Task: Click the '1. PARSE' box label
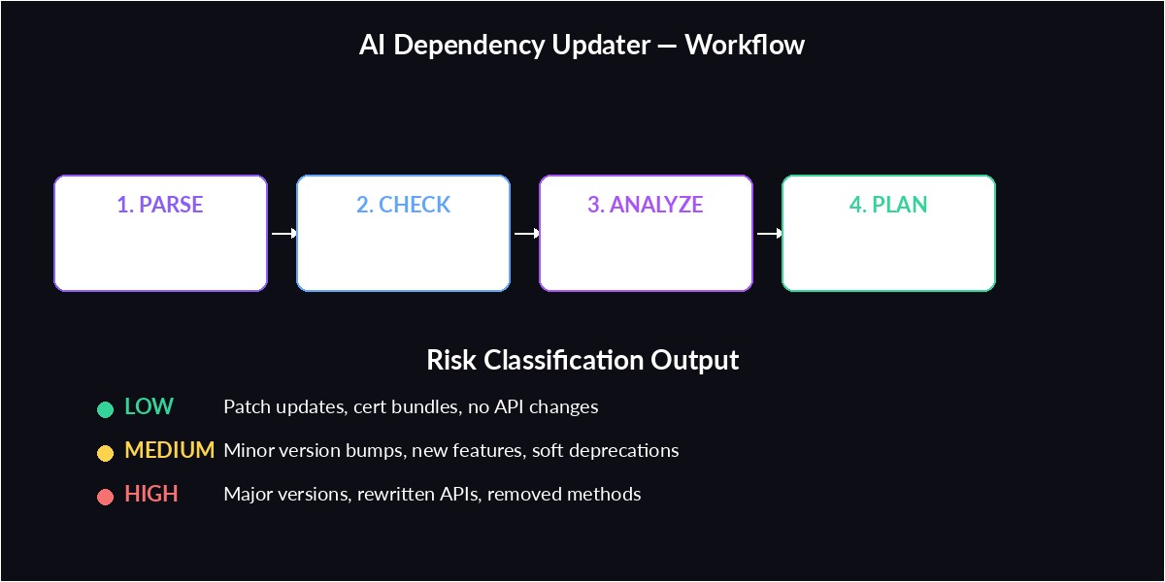pyautogui.click(x=160, y=205)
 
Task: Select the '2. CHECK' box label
pyautogui.click(x=403, y=205)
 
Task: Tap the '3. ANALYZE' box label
pyautogui.click(x=646, y=205)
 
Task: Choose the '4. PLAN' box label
pyautogui.click(x=888, y=205)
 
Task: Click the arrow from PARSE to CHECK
pyautogui.click(x=283, y=233)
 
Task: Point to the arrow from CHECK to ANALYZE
pyautogui.click(x=525, y=233)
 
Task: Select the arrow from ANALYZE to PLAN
pyautogui.click(x=768, y=233)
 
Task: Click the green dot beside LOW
pyautogui.click(x=105, y=409)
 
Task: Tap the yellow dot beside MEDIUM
pyautogui.click(x=105, y=453)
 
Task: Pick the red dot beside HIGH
pyautogui.click(x=105, y=497)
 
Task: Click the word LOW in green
pyautogui.click(x=149, y=406)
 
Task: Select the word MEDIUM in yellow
pyautogui.click(x=169, y=450)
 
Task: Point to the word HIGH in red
pyautogui.click(x=151, y=494)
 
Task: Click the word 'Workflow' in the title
pyautogui.click(x=745, y=45)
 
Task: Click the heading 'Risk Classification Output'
pyautogui.click(x=582, y=360)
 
